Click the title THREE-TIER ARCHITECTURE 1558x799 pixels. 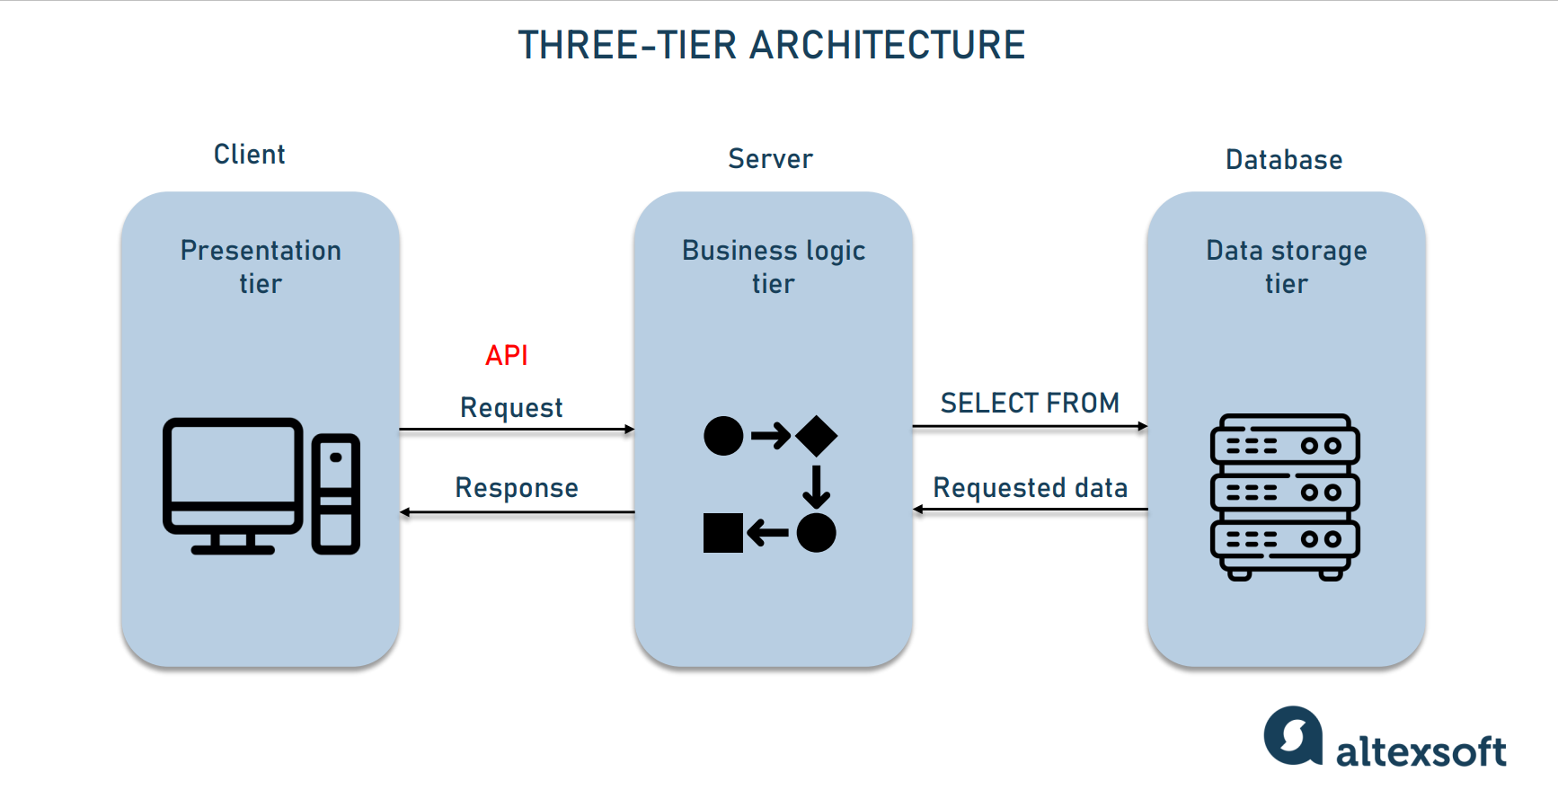[x=771, y=45]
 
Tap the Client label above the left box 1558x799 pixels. [x=249, y=155]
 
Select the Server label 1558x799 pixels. [x=770, y=159]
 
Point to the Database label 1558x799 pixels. [x=1283, y=160]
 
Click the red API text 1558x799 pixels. [x=506, y=355]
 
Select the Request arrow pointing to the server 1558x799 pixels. [x=517, y=430]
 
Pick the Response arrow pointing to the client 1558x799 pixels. [x=517, y=512]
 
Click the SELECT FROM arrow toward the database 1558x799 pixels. [x=1030, y=426]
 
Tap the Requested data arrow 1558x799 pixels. [x=1030, y=510]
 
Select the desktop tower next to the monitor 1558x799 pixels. [x=336, y=493]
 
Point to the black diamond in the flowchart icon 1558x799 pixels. [x=816, y=437]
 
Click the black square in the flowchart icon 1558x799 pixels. [x=722, y=533]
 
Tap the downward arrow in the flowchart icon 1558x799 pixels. [x=816, y=486]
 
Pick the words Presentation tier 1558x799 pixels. [x=261, y=266]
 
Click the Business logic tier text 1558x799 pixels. [x=773, y=266]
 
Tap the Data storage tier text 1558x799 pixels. [x=1286, y=266]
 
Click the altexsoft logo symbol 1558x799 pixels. [x=1293, y=736]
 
